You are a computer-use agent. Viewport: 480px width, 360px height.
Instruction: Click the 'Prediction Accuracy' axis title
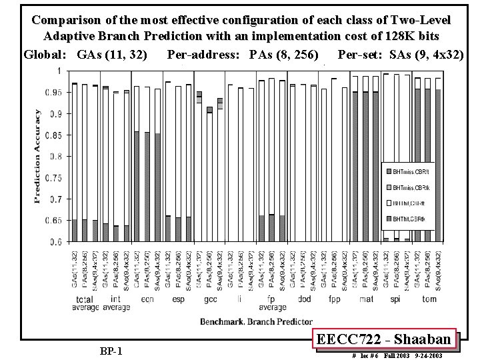[37, 156]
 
